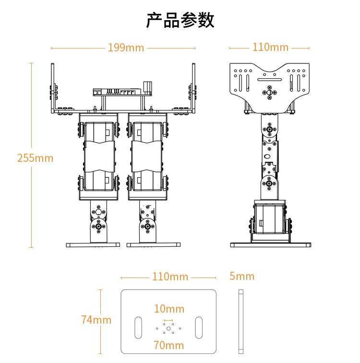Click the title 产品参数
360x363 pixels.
click(x=180, y=21)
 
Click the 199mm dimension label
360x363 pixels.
click(x=126, y=48)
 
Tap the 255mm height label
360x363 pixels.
click(x=35, y=157)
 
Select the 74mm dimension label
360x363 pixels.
click(x=96, y=319)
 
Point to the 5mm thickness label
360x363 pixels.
click(x=242, y=276)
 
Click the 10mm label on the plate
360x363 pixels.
click(x=169, y=308)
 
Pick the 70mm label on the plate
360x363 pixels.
click(x=168, y=345)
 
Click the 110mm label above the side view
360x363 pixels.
click(x=270, y=47)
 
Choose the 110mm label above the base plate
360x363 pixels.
click(x=170, y=277)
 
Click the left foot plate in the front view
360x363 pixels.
click(x=93, y=244)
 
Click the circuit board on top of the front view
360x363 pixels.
click(x=122, y=91)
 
